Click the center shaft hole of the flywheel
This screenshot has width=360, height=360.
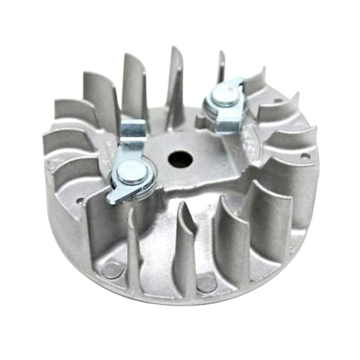(180, 159)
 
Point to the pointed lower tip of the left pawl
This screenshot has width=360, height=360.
(112, 199)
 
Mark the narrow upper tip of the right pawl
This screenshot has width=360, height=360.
(239, 82)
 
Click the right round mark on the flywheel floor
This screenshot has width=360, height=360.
(206, 283)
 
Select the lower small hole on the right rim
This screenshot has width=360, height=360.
(304, 156)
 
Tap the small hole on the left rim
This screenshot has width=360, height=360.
(79, 201)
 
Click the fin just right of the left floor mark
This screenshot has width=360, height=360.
(133, 247)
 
